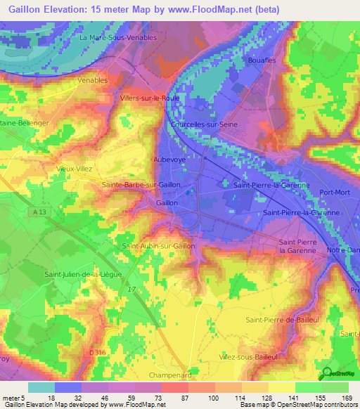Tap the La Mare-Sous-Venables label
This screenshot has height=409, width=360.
(118, 37)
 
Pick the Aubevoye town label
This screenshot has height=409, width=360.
(169, 160)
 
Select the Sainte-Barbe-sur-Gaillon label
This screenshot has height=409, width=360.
(142, 185)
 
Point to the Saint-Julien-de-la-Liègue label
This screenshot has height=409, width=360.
(83, 274)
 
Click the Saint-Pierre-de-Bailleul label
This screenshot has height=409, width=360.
(280, 320)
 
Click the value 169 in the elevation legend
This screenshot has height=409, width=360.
(346, 398)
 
